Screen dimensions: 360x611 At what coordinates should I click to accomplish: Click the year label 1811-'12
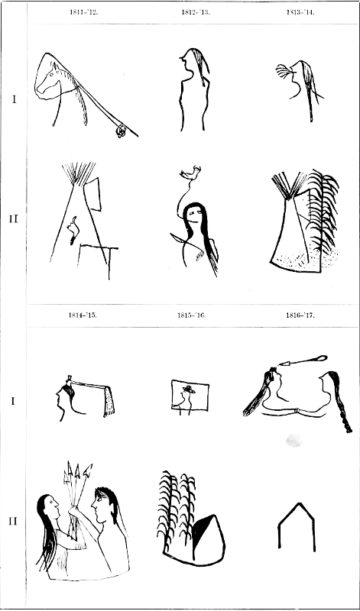84,11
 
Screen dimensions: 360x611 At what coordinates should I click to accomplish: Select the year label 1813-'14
300,11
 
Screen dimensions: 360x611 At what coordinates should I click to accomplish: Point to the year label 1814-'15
83,315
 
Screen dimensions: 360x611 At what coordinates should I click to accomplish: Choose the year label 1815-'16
191,315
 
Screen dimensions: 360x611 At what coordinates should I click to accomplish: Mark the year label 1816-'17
300,315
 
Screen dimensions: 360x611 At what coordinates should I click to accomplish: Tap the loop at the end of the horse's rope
121,131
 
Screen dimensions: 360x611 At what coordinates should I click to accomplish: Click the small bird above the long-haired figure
191,173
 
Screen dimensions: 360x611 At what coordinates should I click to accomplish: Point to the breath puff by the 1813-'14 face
283,71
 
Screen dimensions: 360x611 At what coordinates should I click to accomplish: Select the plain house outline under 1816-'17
297,526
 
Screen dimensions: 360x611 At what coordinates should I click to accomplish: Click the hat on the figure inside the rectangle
189,389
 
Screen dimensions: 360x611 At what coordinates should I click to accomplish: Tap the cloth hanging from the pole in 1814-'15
109,401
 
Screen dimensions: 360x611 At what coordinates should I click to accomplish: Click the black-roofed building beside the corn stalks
208,538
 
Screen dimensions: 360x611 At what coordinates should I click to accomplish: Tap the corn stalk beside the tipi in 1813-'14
323,212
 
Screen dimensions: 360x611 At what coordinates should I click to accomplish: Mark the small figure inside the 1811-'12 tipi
73,231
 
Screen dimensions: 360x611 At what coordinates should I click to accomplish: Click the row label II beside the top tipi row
13,219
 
